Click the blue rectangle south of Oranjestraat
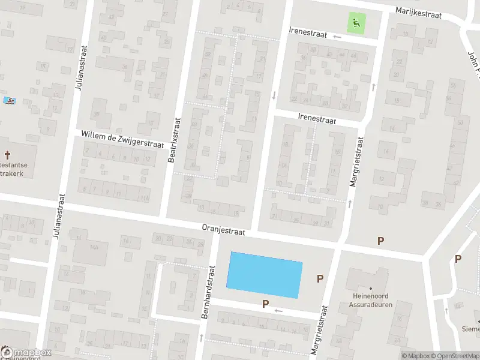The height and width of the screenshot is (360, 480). click(264, 275)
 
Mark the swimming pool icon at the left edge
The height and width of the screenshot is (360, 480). click(8, 101)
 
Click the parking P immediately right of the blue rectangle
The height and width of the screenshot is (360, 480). click(320, 278)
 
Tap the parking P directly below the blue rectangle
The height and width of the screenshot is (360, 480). click(265, 304)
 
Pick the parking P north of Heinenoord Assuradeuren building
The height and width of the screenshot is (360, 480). click(380, 241)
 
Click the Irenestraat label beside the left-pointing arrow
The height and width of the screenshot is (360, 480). click(308, 35)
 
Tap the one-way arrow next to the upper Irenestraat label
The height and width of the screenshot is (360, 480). click(337, 37)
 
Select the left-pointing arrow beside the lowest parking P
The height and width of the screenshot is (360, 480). click(278, 310)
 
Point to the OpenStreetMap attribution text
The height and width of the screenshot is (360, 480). click(454, 356)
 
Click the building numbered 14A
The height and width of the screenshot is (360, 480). click(94, 247)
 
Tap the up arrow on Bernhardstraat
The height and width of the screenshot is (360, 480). click(200, 337)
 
